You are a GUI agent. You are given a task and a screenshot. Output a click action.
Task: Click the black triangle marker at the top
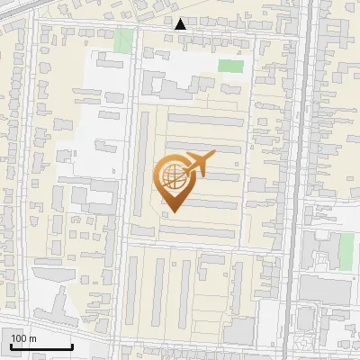[x=181, y=23]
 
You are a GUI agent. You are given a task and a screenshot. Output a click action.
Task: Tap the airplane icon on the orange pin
[x=198, y=164]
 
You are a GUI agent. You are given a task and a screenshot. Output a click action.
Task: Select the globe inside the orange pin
[x=171, y=175]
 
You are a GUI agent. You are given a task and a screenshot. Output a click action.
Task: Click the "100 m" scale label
[x=24, y=338]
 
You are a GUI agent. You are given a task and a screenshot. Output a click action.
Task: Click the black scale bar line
[x=40, y=346]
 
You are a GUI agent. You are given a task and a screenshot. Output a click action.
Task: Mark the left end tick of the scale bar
[x=10, y=345]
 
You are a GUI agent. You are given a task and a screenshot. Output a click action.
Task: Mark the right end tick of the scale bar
[x=72, y=345]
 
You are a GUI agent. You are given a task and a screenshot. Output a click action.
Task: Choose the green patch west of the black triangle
[x=123, y=40]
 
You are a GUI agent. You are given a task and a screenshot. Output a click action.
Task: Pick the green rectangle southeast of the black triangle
[x=230, y=66]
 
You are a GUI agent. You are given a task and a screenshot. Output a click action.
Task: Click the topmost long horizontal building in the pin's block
[x=205, y=120]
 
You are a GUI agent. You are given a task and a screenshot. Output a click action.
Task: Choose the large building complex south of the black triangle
[x=180, y=86]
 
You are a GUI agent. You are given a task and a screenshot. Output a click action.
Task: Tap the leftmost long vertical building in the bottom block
[x=135, y=288]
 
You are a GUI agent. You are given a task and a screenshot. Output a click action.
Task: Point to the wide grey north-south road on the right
[x=305, y=180]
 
